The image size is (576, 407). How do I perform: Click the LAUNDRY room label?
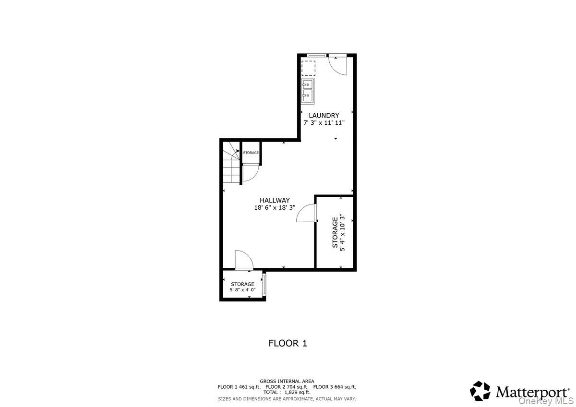point(324,116)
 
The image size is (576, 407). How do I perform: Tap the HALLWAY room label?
point(275,201)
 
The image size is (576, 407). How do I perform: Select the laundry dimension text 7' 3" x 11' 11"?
point(324,123)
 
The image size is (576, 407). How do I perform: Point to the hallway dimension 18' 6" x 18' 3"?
point(275,208)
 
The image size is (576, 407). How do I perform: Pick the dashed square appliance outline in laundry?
point(308,68)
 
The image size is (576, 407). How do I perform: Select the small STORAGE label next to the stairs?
point(251,153)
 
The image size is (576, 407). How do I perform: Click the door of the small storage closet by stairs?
point(251,172)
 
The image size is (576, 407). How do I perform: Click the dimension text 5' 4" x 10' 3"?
point(342,232)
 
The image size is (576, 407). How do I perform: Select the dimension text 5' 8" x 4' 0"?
point(242,290)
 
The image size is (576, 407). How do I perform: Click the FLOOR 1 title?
point(288,343)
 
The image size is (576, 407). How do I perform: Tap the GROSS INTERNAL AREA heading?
point(287,381)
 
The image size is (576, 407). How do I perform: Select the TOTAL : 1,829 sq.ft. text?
point(287,392)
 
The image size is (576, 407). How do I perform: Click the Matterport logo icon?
point(480,391)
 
